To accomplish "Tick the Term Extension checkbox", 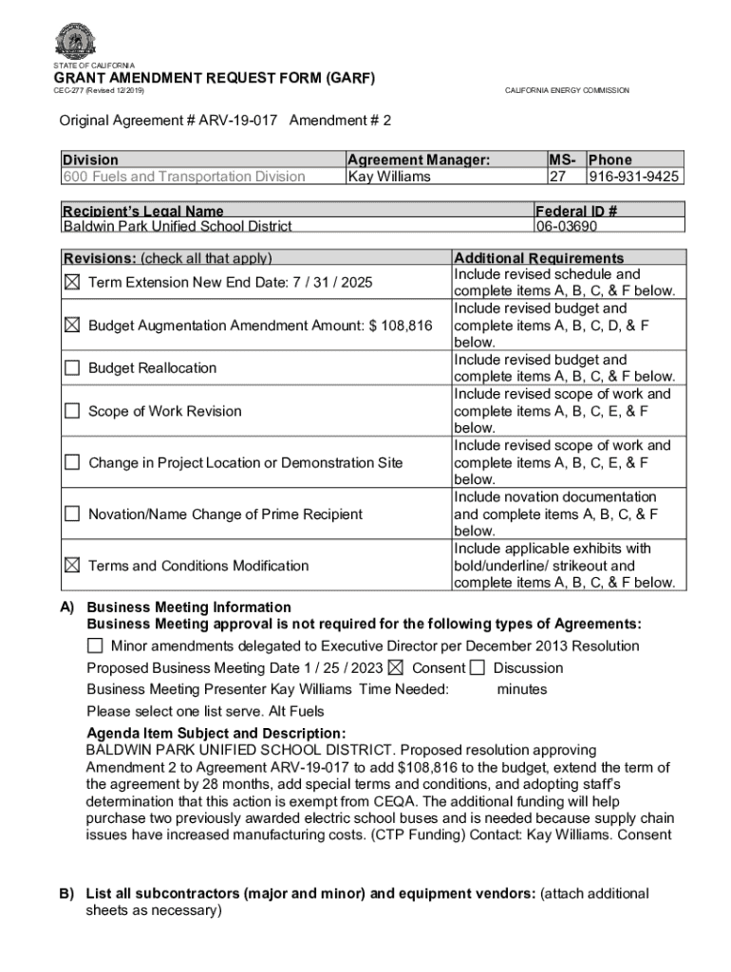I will point(72,282).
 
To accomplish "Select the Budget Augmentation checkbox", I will point(72,326).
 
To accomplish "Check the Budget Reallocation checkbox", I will point(72,368).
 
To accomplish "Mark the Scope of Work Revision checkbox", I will point(72,411).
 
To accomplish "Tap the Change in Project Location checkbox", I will point(72,462).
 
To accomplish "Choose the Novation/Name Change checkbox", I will point(72,514).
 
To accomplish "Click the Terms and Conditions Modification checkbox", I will point(72,565).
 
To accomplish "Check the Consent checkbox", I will point(396,667).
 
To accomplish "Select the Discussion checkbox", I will point(477,667).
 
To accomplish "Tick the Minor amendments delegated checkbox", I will point(95,645).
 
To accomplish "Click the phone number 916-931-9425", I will point(633,177).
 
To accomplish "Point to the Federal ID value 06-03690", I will point(567,226).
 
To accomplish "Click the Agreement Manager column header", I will point(419,159).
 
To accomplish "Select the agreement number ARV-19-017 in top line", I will point(238,121).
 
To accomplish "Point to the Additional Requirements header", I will point(539,258).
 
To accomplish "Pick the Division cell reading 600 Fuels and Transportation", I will point(184,177).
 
